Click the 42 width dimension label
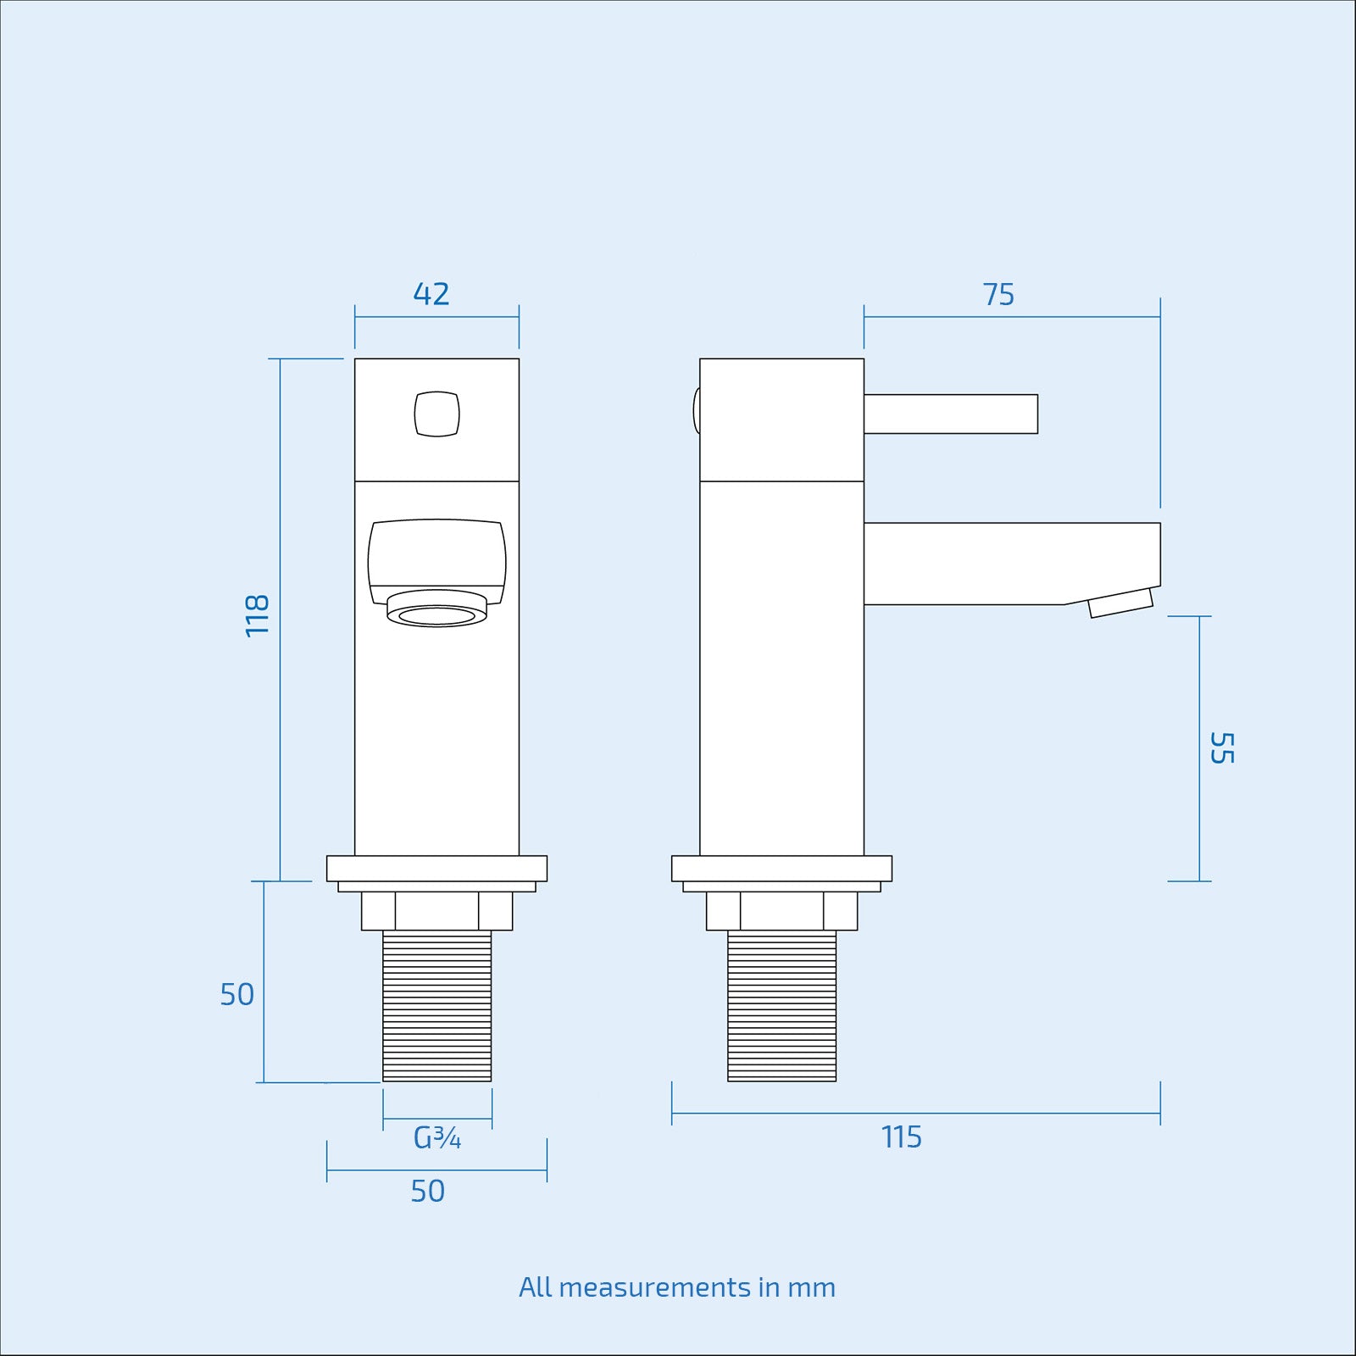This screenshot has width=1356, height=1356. click(x=431, y=294)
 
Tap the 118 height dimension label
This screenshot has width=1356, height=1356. click(x=257, y=615)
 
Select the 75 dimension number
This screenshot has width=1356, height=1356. click(x=998, y=295)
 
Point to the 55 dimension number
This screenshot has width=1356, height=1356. click(x=1221, y=747)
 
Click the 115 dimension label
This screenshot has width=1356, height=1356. click(x=901, y=1137)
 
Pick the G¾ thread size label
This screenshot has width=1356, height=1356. click(x=437, y=1138)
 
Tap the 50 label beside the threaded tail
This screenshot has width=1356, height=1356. click(x=237, y=994)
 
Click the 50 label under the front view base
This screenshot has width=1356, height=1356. click(x=428, y=1192)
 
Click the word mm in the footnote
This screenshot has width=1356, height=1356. click(x=811, y=1288)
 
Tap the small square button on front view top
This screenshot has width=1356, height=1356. click(x=436, y=414)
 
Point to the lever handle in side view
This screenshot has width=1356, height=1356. click(x=950, y=414)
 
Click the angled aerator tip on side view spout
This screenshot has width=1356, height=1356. click(x=1120, y=603)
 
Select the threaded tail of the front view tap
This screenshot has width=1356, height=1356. click(x=436, y=1006)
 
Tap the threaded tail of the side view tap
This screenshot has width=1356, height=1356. click(x=781, y=1006)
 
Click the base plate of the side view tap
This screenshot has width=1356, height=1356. click(x=781, y=869)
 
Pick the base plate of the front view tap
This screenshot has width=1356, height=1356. click(x=436, y=869)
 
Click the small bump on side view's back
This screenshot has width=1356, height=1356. click(x=697, y=411)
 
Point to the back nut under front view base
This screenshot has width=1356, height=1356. click(x=436, y=911)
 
